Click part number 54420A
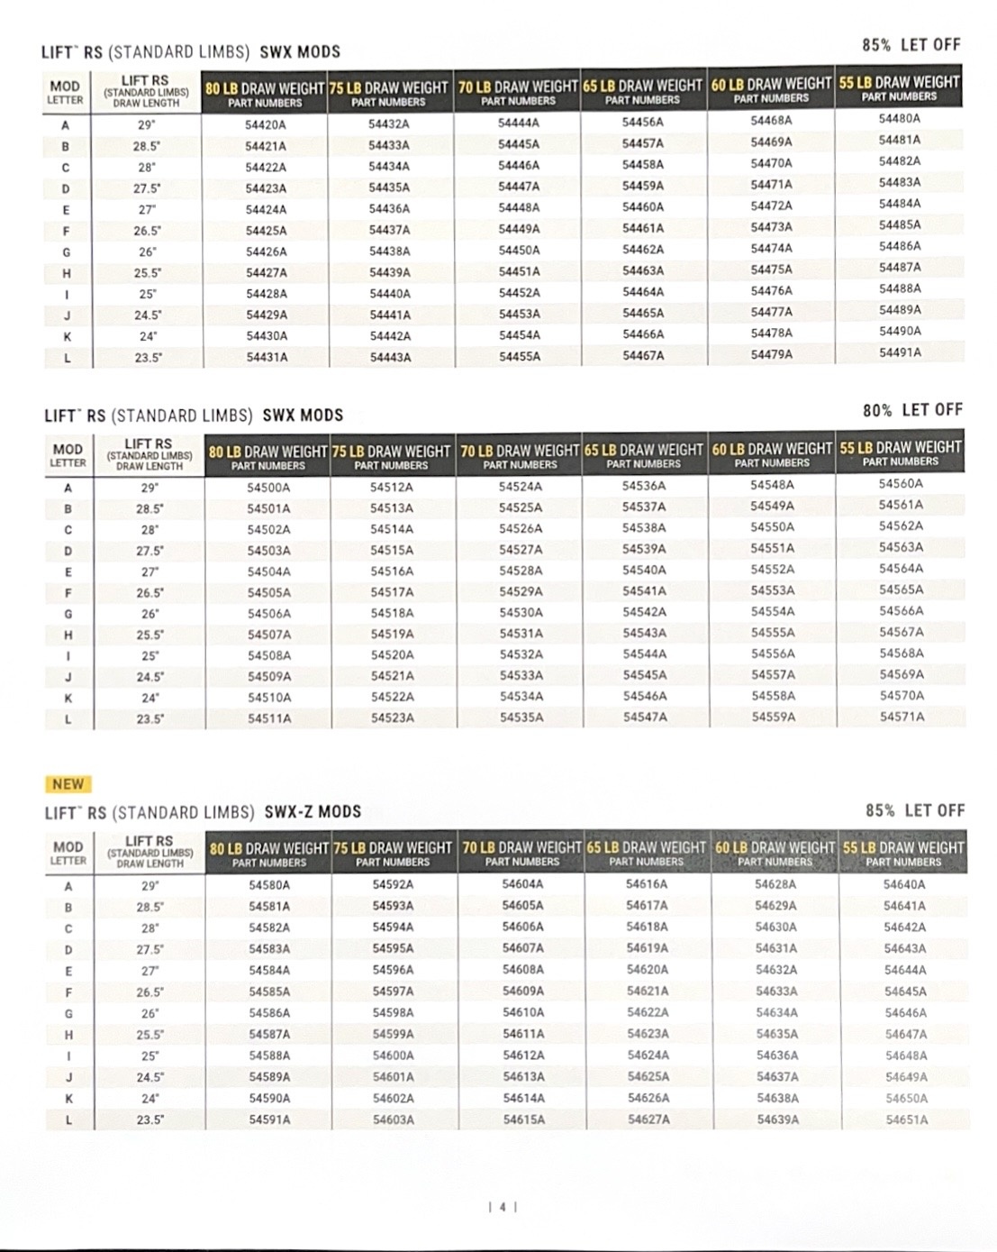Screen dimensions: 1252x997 (266, 124)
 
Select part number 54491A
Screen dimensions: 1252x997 (900, 352)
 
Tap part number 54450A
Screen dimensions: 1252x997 (519, 250)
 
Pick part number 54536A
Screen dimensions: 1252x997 (644, 486)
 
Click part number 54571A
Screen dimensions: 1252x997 (902, 717)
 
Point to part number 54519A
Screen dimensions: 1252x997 (392, 634)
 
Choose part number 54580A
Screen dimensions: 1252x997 (269, 885)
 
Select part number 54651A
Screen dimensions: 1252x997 (905, 1119)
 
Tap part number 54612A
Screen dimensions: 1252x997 (523, 1055)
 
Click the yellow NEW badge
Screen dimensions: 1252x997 (68, 784)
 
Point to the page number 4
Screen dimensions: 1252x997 (503, 1207)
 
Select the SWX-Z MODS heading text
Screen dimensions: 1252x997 (313, 812)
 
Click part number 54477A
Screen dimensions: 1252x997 (772, 312)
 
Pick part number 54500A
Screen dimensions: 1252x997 (268, 487)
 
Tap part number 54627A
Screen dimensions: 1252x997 (648, 1119)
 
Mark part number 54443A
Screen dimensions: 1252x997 (390, 357)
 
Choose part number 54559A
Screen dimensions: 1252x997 (773, 717)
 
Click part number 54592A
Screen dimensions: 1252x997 (393, 885)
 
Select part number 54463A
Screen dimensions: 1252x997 (643, 270)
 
